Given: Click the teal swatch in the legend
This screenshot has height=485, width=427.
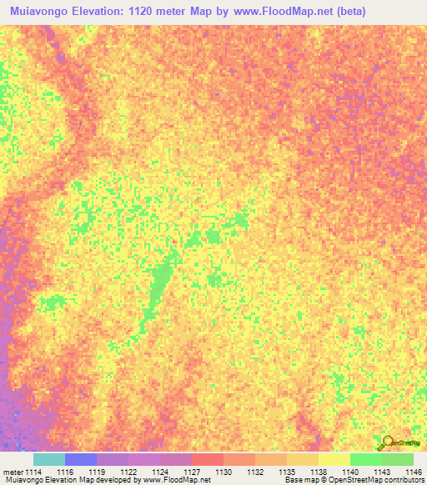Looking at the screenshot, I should coord(49,459).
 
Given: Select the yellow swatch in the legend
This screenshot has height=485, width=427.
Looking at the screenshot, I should coord(334,459).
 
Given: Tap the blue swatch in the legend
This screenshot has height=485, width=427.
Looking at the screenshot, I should coord(81,459).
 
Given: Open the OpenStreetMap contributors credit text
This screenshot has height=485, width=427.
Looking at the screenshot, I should coord(376,481).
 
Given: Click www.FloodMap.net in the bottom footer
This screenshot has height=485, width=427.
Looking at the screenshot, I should coord(175,481).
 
